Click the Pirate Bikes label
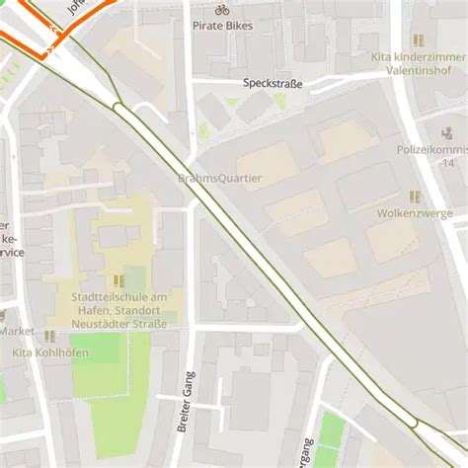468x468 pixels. pyautogui.click(x=222, y=26)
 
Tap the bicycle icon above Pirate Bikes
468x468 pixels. pyautogui.click(x=222, y=9)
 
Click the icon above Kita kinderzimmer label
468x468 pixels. pyautogui.click(x=418, y=40)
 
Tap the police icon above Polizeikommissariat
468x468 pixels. pyautogui.click(x=447, y=130)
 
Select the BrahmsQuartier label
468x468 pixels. pyautogui.click(x=219, y=179)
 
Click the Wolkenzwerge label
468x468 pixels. pyautogui.click(x=415, y=213)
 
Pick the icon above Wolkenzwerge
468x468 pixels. pyautogui.click(x=415, y=196)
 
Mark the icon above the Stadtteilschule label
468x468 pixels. pyautogui.click(x=119, y=281)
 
